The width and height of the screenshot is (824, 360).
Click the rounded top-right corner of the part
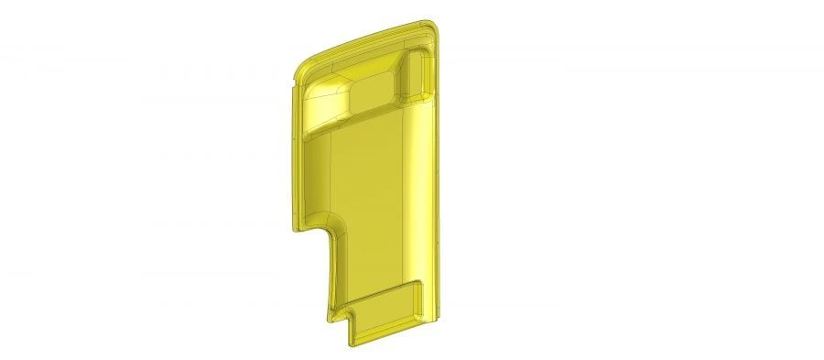[x=437, y=25]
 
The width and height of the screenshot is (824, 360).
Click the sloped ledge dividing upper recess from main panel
[x=362, y=119]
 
